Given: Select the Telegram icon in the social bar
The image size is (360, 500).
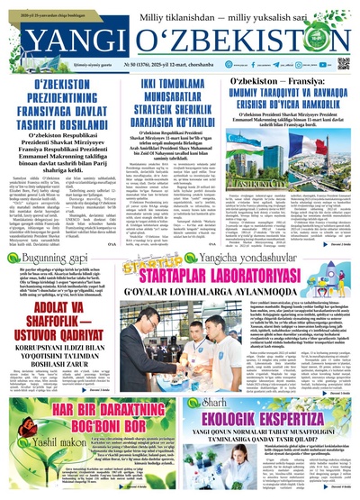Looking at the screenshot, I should tap(281, 64).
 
